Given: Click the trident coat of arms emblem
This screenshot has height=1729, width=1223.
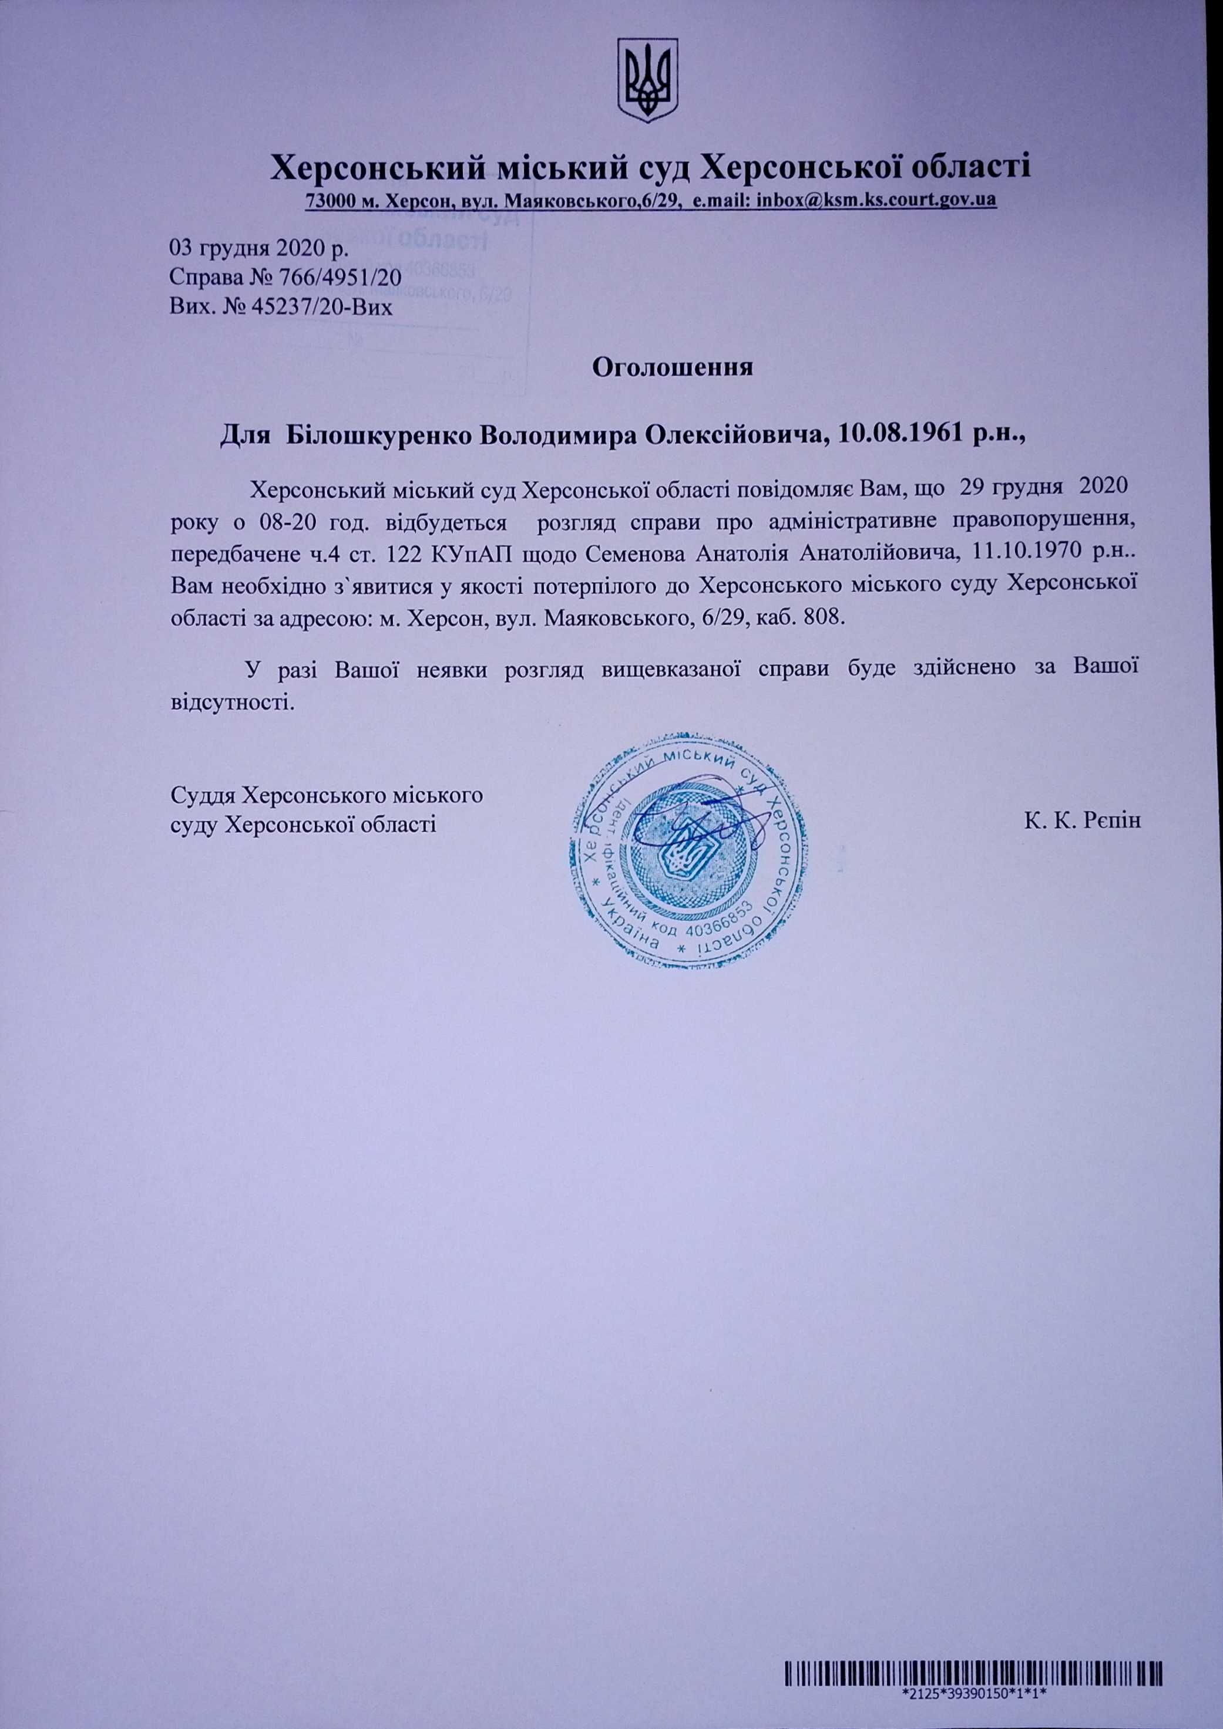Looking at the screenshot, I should [x=648, y=82].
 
